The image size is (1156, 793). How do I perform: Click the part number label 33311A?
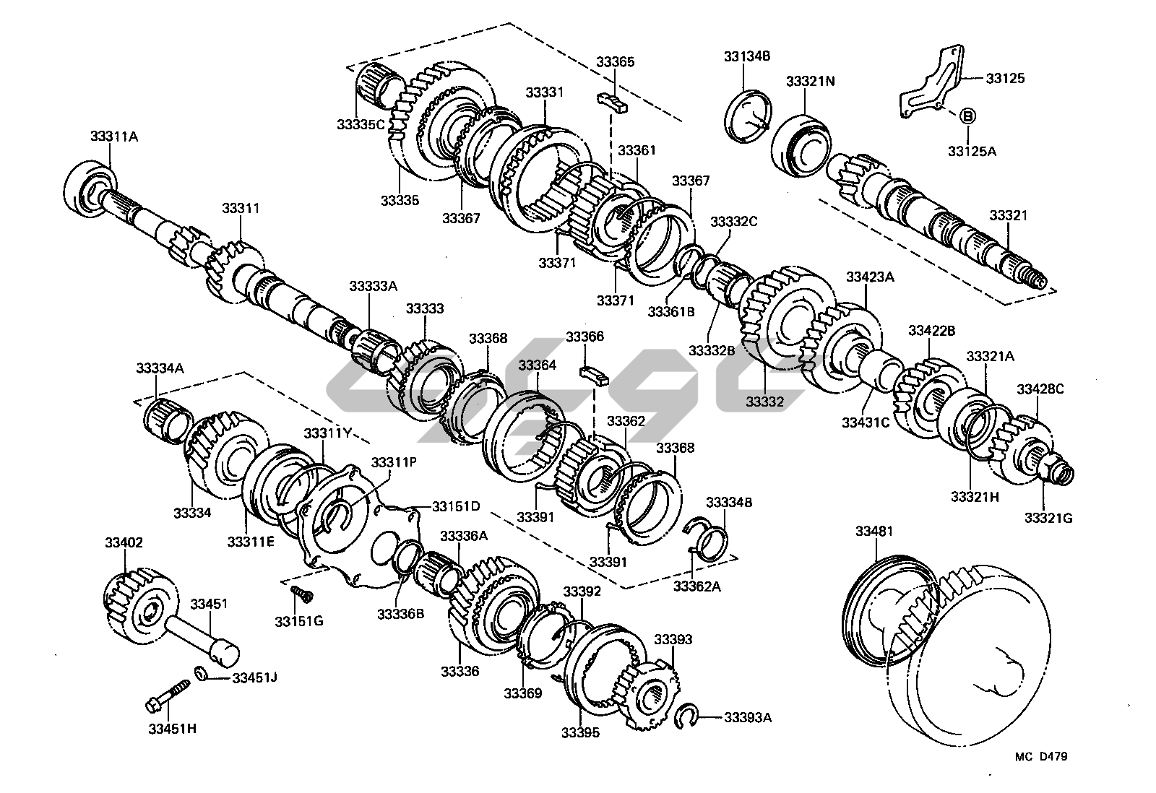coord(113,136)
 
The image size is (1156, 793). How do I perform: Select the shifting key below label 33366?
coord(594,375)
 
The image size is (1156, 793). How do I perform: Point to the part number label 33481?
coord(875,532)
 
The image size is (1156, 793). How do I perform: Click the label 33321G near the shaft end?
coord(1048,518)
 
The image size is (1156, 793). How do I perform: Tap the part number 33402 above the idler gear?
coord(124,542)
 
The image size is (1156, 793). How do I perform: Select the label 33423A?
coord(870,277)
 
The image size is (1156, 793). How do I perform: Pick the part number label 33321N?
coord(810,82)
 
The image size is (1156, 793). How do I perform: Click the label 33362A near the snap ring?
coord(696,586)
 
